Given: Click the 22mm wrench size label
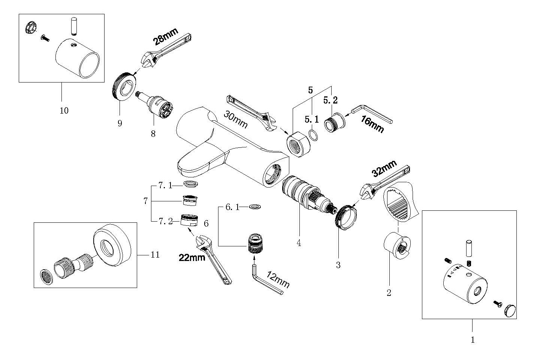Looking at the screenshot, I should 192,258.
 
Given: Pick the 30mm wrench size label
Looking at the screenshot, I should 236,120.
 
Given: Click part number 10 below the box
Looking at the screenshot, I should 64,111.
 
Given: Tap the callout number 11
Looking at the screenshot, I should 155,255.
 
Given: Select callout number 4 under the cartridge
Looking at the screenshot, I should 299,243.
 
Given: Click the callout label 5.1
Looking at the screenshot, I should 312,120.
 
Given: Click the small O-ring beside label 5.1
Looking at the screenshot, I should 314,135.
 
